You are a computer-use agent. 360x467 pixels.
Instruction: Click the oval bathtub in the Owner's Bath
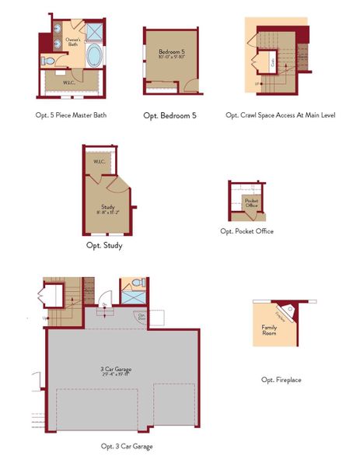94,56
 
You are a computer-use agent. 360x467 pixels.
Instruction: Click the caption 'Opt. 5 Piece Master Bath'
72,115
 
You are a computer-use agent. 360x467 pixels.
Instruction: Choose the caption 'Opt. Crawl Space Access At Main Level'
280,115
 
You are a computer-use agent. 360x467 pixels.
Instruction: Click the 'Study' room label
108,206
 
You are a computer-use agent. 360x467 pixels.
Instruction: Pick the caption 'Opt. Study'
103,245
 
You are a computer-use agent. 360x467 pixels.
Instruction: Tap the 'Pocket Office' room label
251,203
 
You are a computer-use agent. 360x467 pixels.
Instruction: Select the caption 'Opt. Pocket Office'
246,231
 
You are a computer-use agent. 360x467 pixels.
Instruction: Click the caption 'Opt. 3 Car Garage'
127,447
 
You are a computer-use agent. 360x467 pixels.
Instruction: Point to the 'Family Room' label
269,329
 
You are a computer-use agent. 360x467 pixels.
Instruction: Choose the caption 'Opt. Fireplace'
281,380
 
